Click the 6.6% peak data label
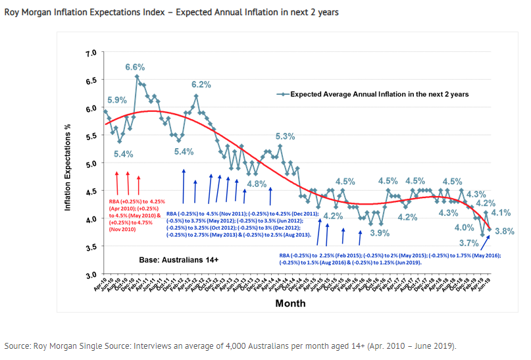[x=135, y=67]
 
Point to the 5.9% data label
[x=116, y=100]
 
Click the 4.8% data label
[x=257, y=184]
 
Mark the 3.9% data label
[x=378, y=233]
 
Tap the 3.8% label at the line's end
[x=504, y=231]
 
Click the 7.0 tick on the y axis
[x=91, y=52]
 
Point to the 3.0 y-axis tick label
[x=91, y=274]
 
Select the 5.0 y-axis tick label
[x=91, y=163]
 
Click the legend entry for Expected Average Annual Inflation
[x=380, y=94]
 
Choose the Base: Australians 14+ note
[x=178, y=260]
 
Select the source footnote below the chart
[x=230, y=346]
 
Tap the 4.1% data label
[x=501, y=213]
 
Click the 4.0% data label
[x=464, y=227]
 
